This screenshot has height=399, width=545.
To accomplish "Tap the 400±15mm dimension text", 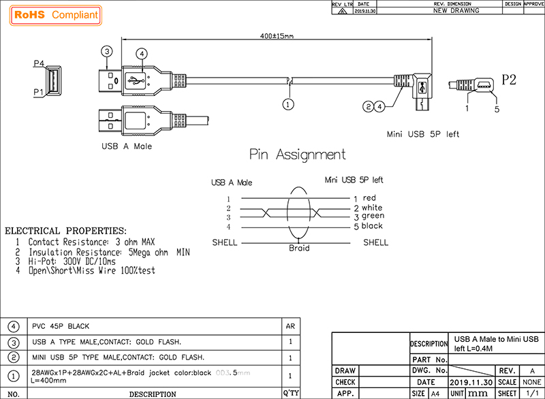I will (x=277, y=36).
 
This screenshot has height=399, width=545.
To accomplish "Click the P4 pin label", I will (x=39, y=63).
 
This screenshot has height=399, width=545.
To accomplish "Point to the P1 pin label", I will (x=39, y=91).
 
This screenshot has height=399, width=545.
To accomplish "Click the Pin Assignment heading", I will (x=297, y=155).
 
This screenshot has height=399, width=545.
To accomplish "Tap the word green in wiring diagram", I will (x=373, y=216).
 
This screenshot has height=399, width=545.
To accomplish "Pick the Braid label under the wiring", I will (x=299, y=249).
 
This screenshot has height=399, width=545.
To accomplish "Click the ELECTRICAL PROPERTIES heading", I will (x=65, y=231).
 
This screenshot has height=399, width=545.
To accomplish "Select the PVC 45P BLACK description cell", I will (x=61, y=326).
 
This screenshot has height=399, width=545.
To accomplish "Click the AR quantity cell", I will (x=291, y=326).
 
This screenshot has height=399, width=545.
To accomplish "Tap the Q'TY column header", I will (x=291, y=394).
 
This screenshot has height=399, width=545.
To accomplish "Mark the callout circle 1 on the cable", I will (x=288, y=104).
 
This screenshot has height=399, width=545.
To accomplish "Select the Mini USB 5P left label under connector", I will (x=422, y=134).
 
